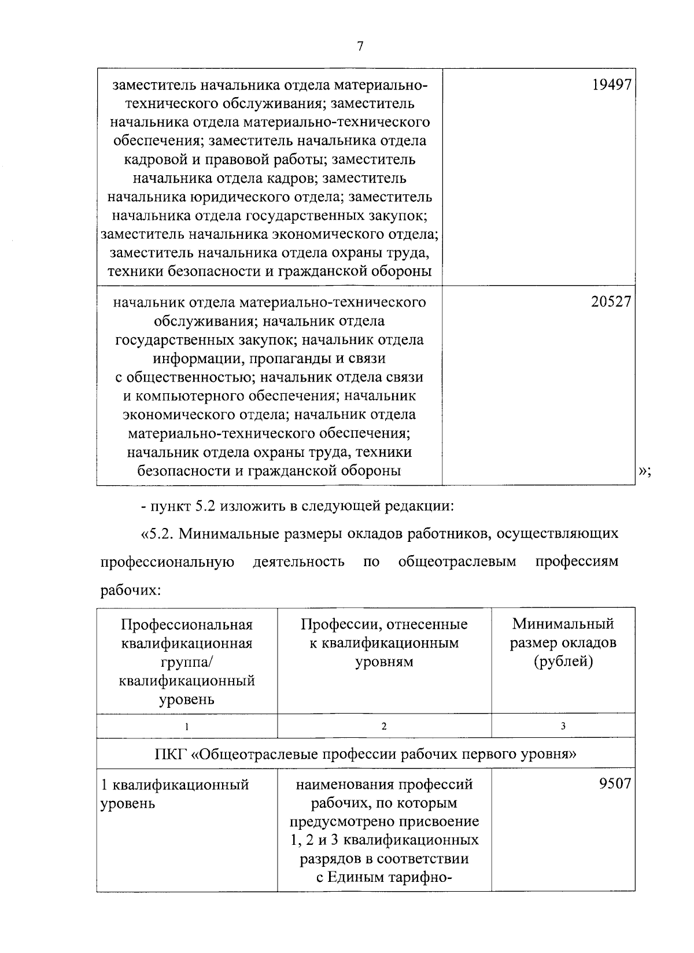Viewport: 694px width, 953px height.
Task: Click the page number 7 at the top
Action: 359,47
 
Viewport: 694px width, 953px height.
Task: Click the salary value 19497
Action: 611,85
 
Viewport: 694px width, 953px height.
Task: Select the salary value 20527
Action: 611,301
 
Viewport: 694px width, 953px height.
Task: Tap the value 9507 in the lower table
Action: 615,784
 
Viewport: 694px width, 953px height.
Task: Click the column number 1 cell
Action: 187,726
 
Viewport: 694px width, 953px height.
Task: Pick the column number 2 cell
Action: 384,726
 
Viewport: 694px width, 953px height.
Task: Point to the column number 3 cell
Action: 563,726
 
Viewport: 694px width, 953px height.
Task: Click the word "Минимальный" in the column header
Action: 563,624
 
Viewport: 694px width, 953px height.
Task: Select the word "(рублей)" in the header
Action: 563,662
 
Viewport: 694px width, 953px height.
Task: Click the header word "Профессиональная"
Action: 187,625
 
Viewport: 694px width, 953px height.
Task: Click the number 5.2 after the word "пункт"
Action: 204,507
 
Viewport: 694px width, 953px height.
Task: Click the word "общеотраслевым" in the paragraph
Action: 457,562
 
